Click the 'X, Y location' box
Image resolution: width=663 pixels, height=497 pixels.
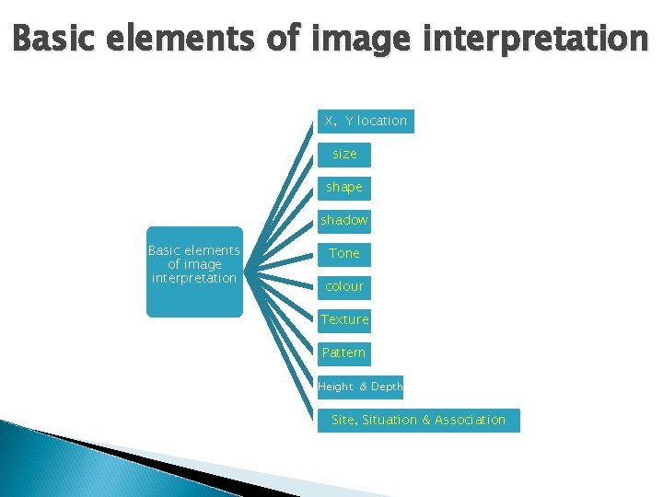[366, 121]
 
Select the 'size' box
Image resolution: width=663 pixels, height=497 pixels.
[344, 155]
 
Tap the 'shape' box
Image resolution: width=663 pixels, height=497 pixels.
[344, 188]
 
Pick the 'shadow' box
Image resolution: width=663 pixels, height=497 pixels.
[344, 221]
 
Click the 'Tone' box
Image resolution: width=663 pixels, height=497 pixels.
[344, 254]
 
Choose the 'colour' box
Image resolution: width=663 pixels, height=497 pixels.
[344, 287]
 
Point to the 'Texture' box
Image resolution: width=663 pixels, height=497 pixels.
[344, 320]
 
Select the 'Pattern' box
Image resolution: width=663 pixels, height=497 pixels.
[344, 353]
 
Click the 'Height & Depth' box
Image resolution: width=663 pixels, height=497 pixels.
[361, 387]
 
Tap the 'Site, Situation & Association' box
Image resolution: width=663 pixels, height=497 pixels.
[418, 421]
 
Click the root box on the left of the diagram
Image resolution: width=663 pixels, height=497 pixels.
[194, 272]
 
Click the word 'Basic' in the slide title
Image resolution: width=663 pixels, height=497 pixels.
[55, 39]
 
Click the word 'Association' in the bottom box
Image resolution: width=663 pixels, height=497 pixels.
[470, 421]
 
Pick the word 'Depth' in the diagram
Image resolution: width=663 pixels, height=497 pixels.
[387, 387]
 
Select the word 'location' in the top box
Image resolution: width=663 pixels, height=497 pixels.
[381, 121]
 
